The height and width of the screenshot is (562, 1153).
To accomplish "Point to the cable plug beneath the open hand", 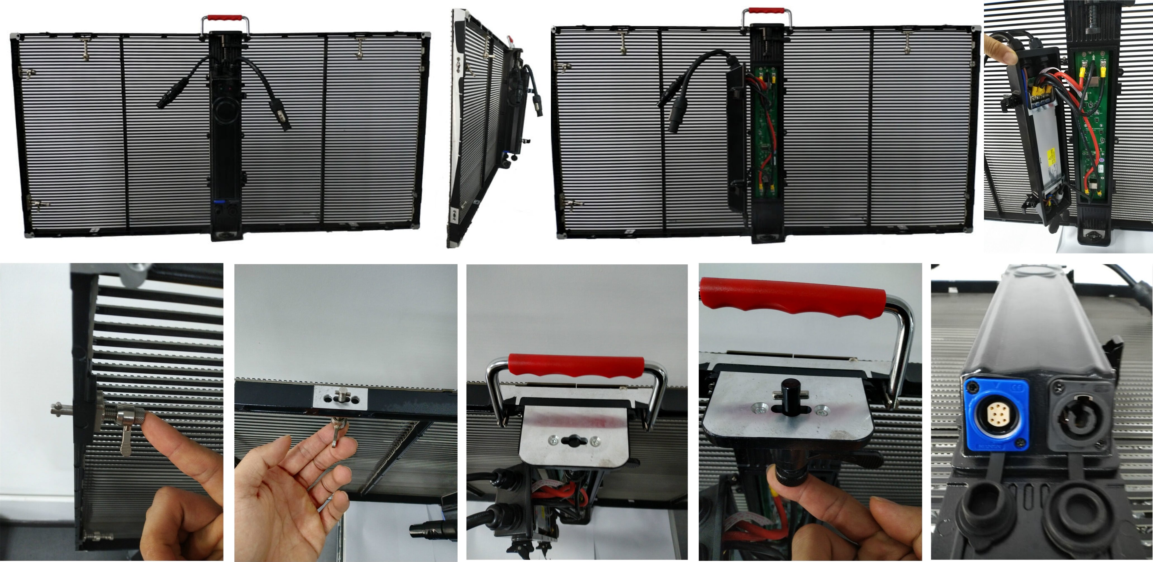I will pos(432,531).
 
